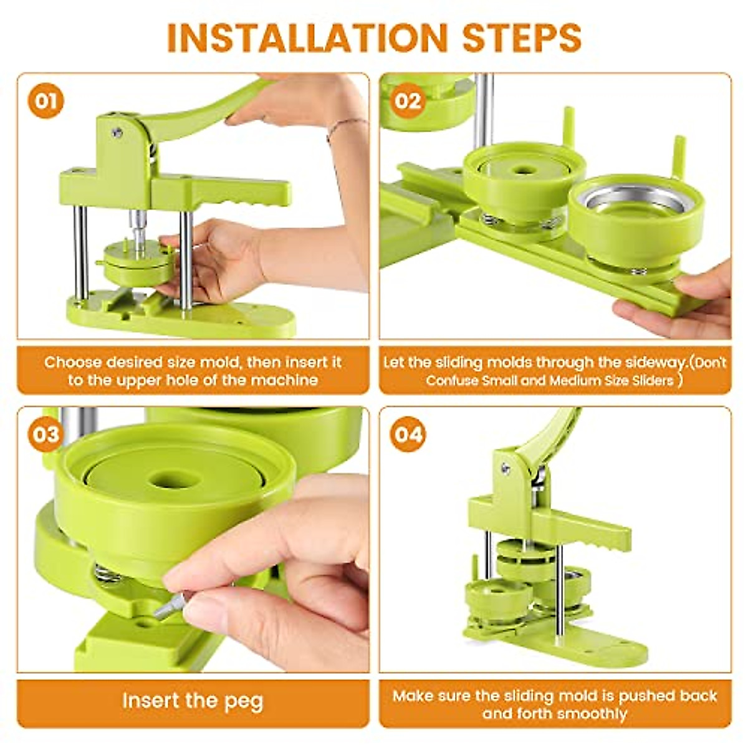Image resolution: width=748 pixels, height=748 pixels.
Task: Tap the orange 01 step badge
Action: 46,100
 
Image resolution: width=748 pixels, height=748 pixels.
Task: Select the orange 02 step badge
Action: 408,100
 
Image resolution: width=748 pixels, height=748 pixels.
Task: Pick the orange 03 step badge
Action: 46,434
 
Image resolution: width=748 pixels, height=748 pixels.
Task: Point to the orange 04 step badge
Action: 408,434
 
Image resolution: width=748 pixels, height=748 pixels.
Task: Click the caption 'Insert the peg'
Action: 193,701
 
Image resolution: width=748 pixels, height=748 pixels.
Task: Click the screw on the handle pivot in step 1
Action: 117,132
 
